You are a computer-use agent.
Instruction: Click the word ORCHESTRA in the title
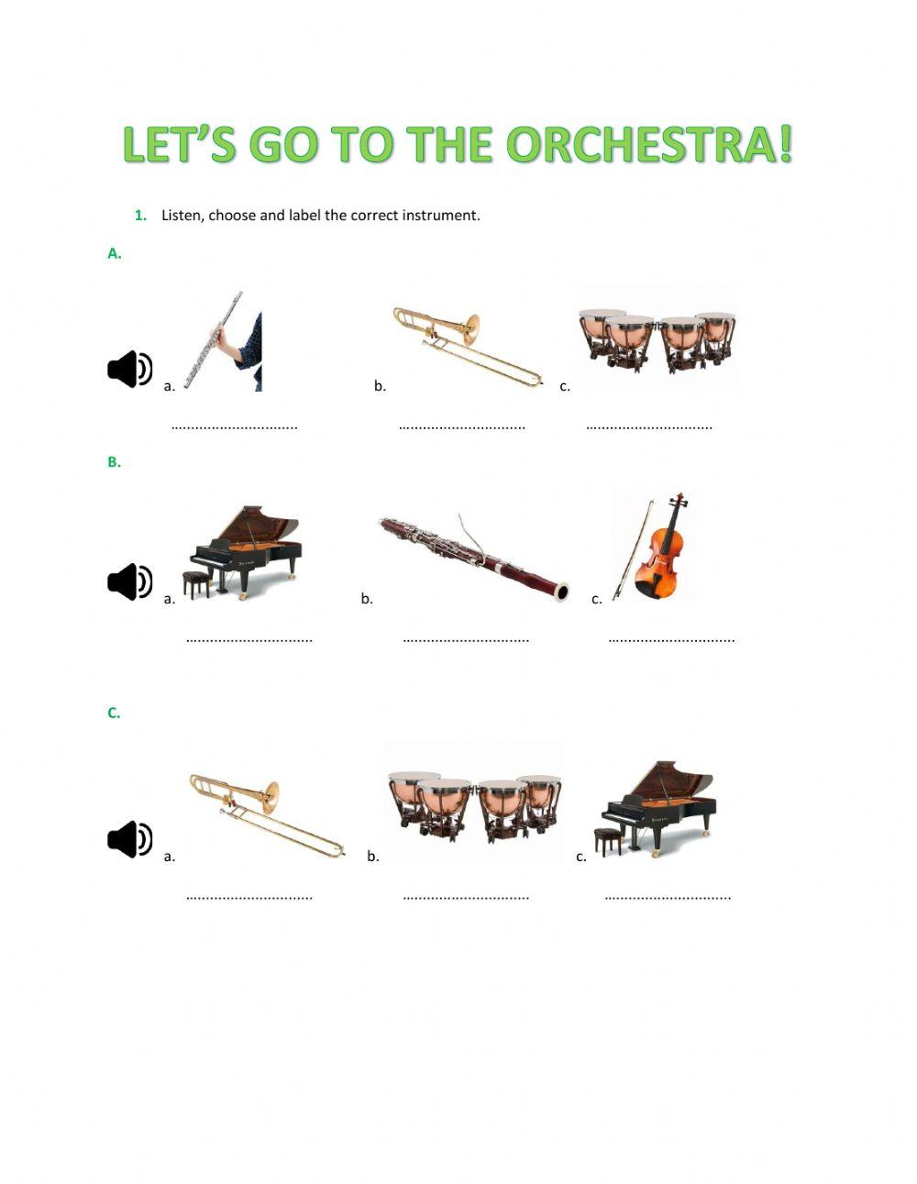tap(648, 145)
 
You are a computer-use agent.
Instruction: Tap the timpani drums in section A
tap(657, 337)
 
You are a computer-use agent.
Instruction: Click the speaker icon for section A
tap(129, 369)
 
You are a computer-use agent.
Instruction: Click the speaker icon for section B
tap(129, 581)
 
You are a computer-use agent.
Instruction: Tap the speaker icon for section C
tap(129, 839)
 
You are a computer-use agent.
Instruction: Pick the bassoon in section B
tap(473, 554)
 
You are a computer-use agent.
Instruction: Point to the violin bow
tap(632, 550)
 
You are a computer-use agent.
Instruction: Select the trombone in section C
tap(266, 813)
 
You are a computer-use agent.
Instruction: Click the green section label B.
tap(114, 462)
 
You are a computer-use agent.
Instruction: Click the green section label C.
tap(114, 713)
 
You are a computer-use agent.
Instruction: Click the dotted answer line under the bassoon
tap(466, 640)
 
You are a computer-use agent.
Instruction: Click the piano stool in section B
tap(196, 583)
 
